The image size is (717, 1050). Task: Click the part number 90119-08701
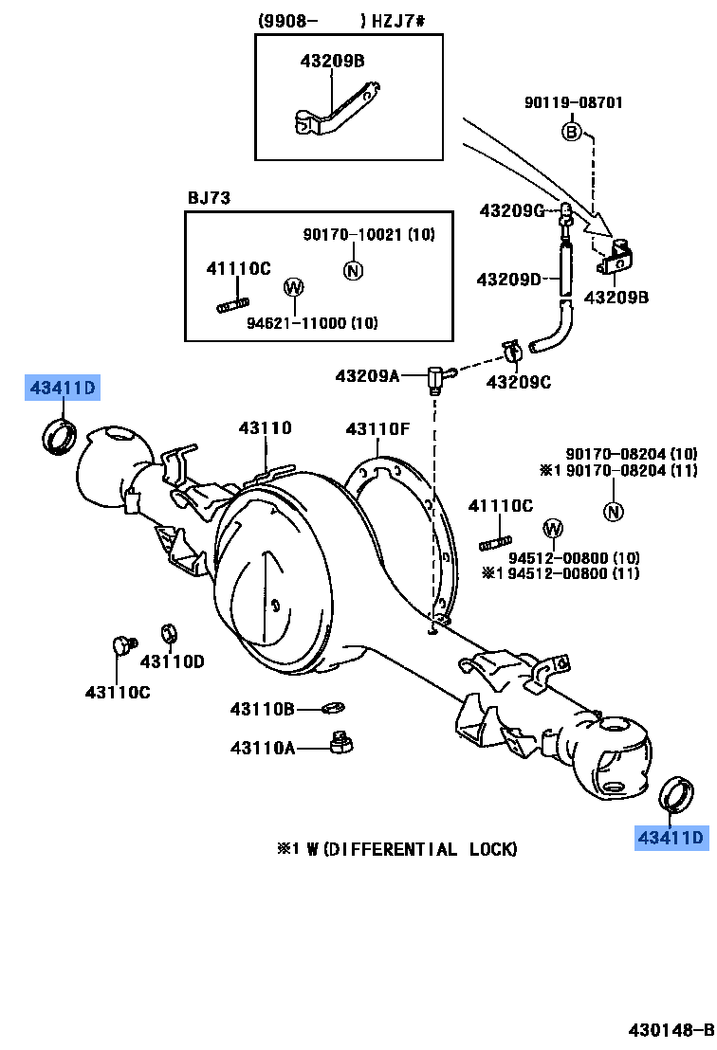pos(573,102)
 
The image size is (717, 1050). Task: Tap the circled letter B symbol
pos(571,131)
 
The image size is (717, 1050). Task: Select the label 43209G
pos(512,211)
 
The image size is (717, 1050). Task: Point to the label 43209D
pos(508,280)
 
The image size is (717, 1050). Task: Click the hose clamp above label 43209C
pos(513,353)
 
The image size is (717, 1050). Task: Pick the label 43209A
pos(367,375)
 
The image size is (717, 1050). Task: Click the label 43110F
pos(377,428)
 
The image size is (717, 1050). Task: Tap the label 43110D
pos(172,661)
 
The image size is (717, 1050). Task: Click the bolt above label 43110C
pos(123,645)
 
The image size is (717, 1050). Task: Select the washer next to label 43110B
pos(333,707)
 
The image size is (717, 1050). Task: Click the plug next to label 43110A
pos(342,743)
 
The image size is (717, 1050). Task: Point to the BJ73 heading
pos(209,197)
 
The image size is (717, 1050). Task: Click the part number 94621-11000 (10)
pos(312,323)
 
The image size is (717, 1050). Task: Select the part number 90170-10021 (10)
pos(369,234)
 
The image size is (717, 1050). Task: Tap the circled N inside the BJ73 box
pos(353,270)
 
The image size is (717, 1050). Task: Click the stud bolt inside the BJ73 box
pos(232,305)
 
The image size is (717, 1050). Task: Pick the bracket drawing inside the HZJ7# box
pos(337,111)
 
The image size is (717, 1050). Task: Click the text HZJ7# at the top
pos(398,21)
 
